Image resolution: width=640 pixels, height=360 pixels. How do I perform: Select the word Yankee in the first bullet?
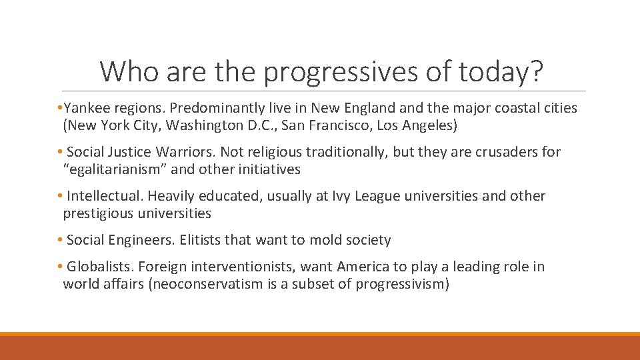(x=87, y=108)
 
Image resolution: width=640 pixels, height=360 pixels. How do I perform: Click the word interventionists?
(x=242, y=267)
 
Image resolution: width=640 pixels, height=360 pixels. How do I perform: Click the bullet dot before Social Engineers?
(x=60, y=240)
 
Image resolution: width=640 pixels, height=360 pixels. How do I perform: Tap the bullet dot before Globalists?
(x=60, y=267)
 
